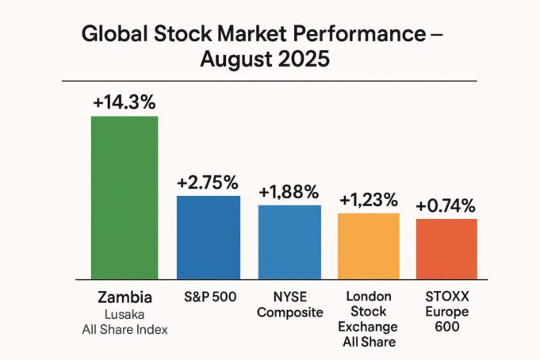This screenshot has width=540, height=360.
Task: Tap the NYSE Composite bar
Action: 289,241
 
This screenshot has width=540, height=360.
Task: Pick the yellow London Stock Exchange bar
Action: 369,245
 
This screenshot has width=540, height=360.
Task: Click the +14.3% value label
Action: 124,102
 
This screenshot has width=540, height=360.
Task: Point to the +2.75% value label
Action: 208,182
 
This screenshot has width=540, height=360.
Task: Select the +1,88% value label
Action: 289,191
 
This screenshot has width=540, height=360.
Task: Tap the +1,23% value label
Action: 369,200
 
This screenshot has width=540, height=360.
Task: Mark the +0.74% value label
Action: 446,206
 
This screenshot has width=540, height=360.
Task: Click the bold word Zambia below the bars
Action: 124,297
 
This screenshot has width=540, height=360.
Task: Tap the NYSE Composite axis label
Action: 290,304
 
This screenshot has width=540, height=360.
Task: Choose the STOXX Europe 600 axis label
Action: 446,312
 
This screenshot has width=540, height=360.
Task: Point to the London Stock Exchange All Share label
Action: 369,320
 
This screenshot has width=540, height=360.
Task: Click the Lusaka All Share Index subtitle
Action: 124,322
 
